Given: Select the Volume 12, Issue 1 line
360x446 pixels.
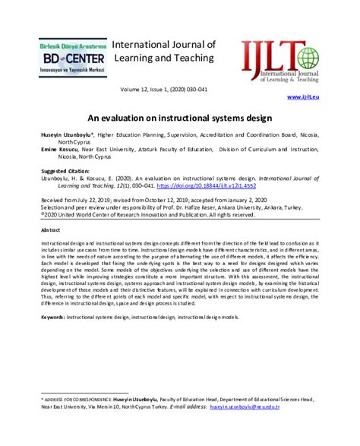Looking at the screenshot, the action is point(180,90).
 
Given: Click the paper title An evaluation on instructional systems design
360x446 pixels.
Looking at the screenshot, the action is point(180,119).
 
